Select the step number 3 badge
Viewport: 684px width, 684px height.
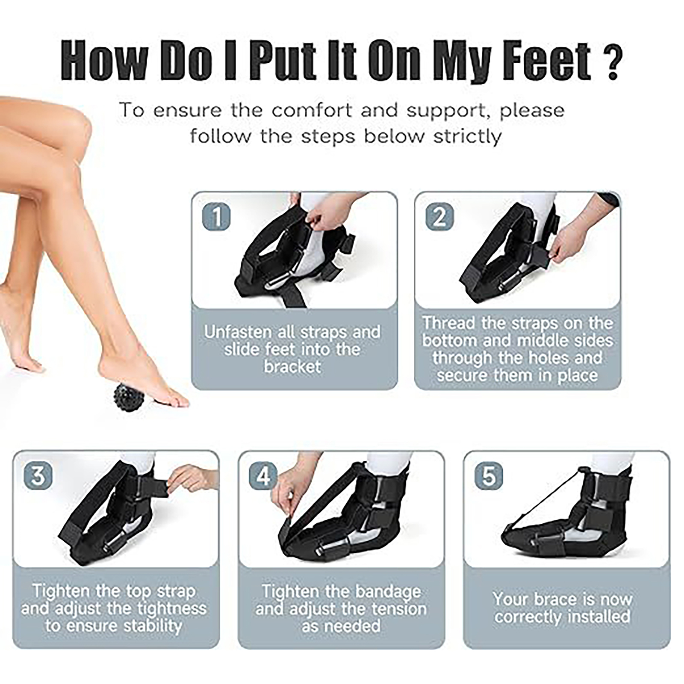[x=38, y=475]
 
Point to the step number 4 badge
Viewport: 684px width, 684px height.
[x=263, y=475]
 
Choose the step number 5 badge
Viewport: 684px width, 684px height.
[x=489, y=475]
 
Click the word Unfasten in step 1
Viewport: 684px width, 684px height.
[x=237, y=332]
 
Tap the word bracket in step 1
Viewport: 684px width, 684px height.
[x=292, y=367]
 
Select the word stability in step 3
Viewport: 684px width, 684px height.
[x=153, y=626]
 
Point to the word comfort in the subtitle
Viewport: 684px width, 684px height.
[x=314, y=110]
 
